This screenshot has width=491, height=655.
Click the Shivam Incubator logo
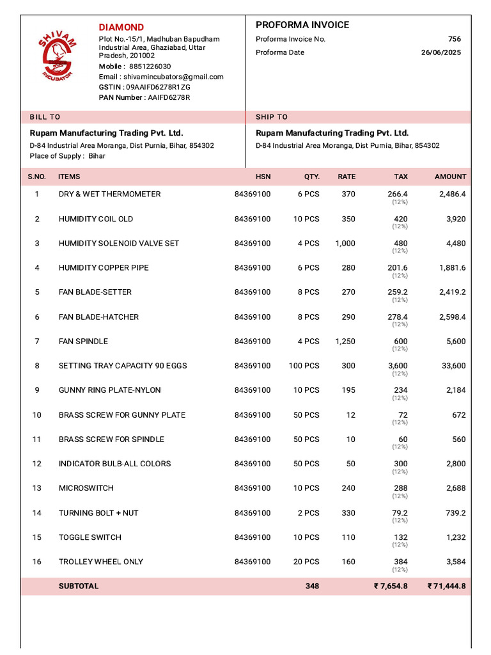pyautogui.click(x=58, y=58)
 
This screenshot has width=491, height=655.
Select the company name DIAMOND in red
pyautogui.click(x=121, y=27)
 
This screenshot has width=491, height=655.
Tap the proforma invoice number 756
pyautogui.click(x=454, y=39)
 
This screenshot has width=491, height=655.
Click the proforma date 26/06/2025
pyautogui.click(x=440, y=52)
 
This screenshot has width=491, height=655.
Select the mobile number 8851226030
pyautogui.click(x=150, y=67)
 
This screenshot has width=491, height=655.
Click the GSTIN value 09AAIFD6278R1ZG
pyautogui.click(x=158, y=87)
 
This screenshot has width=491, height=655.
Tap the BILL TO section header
pyautogui.click(x=45, y=117)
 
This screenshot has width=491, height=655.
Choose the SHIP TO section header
pyautogui.click(x=272, y=117)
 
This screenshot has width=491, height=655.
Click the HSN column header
pyautogui.click(x=263, y=177)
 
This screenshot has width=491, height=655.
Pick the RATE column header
pyautogui.click(x=347, y=177)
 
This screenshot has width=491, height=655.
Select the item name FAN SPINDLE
pyautogui.click(x=83, y=342)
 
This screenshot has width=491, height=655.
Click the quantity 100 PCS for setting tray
pyautogui.click(x=304, y=366)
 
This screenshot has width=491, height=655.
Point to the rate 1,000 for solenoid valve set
pyautogui.click(x=345, y=244)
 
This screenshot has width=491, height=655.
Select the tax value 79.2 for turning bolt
pyautogui.click(x=400, y=513)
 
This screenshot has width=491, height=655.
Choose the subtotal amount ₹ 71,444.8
pyautogui.click(x=447, y=587)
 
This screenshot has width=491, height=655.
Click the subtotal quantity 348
pyautogui.click(x=312, y=587)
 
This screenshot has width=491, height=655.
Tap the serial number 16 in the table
pyautogui.click(x=36, y=562)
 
